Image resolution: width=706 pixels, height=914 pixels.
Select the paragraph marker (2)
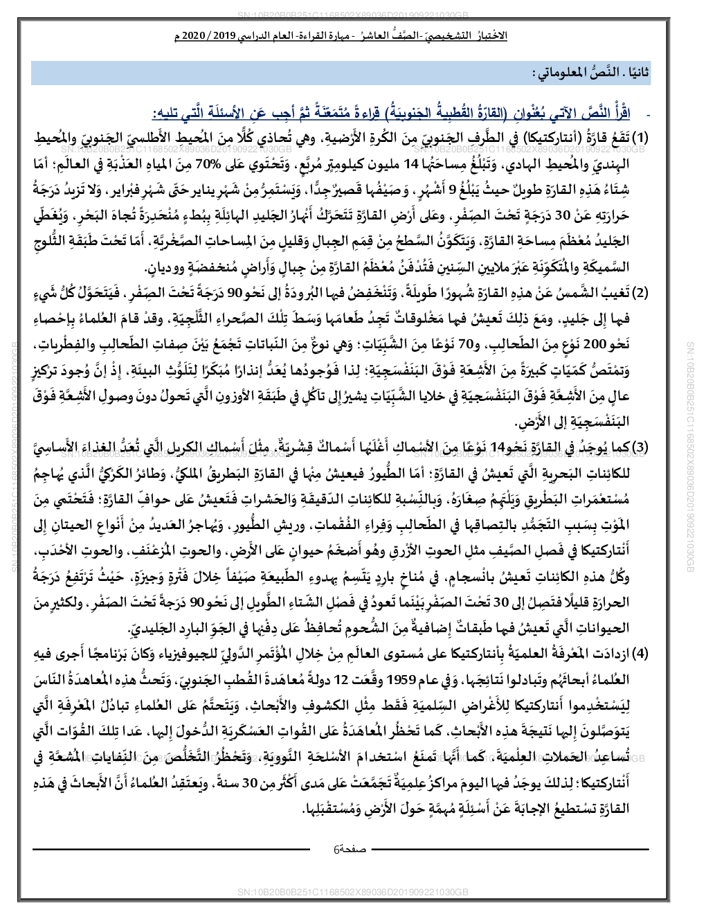tap(642, 292)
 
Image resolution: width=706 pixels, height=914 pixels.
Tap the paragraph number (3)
tap(642, 448)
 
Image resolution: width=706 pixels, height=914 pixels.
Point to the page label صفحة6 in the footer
tap(350, 848)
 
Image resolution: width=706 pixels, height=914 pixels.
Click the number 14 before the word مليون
tap(411, 164)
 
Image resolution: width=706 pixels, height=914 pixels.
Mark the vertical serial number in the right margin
tap(689, 457)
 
